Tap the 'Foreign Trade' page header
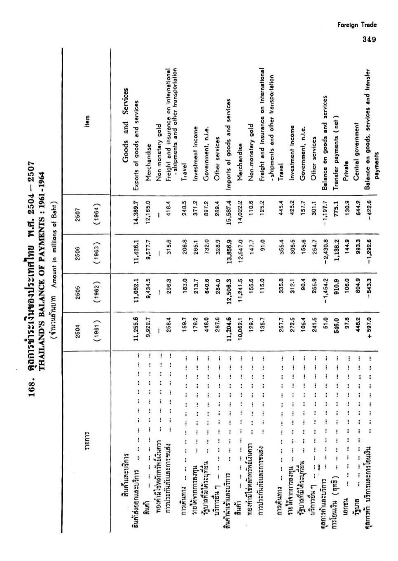click(x=357, y=25)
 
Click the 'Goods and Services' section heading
click(x=127, y=119)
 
